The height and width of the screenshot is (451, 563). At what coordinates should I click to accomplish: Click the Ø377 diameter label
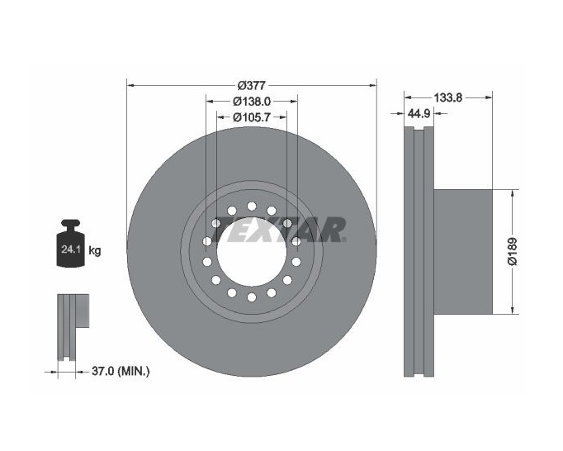pyautogui.click(x=252, y=86)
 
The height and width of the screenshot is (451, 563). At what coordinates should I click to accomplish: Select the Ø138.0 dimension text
pyautogui.click(x=252, y=102)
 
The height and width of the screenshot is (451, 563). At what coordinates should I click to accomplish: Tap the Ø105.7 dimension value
pyautogui.click(x=252, y=116)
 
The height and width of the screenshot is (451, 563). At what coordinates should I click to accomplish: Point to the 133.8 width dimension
pyautogui.click(x=448, y=97)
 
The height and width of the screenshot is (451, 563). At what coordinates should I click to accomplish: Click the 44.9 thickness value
pyautogui.click(x=419, y=113)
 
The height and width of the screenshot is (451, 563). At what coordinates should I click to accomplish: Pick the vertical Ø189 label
pyautogui.click(x=513, y=251)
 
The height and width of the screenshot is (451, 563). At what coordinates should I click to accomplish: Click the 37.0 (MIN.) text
pyautogui.click(x=121, y=371)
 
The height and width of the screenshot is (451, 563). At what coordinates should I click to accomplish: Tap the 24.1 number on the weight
pyautogui.click(x=70, y=249)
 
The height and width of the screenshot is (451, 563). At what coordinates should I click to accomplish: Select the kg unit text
pyautogui.click(x=95, y=250)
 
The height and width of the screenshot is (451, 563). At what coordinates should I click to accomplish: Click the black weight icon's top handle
pyautogui.click(x=71, y=224)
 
